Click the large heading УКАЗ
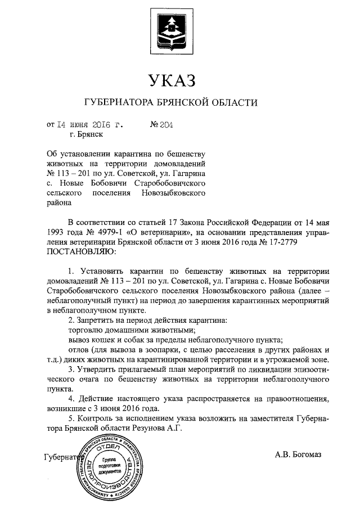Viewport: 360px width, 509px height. pyautogui.click(x=172, y=81)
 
